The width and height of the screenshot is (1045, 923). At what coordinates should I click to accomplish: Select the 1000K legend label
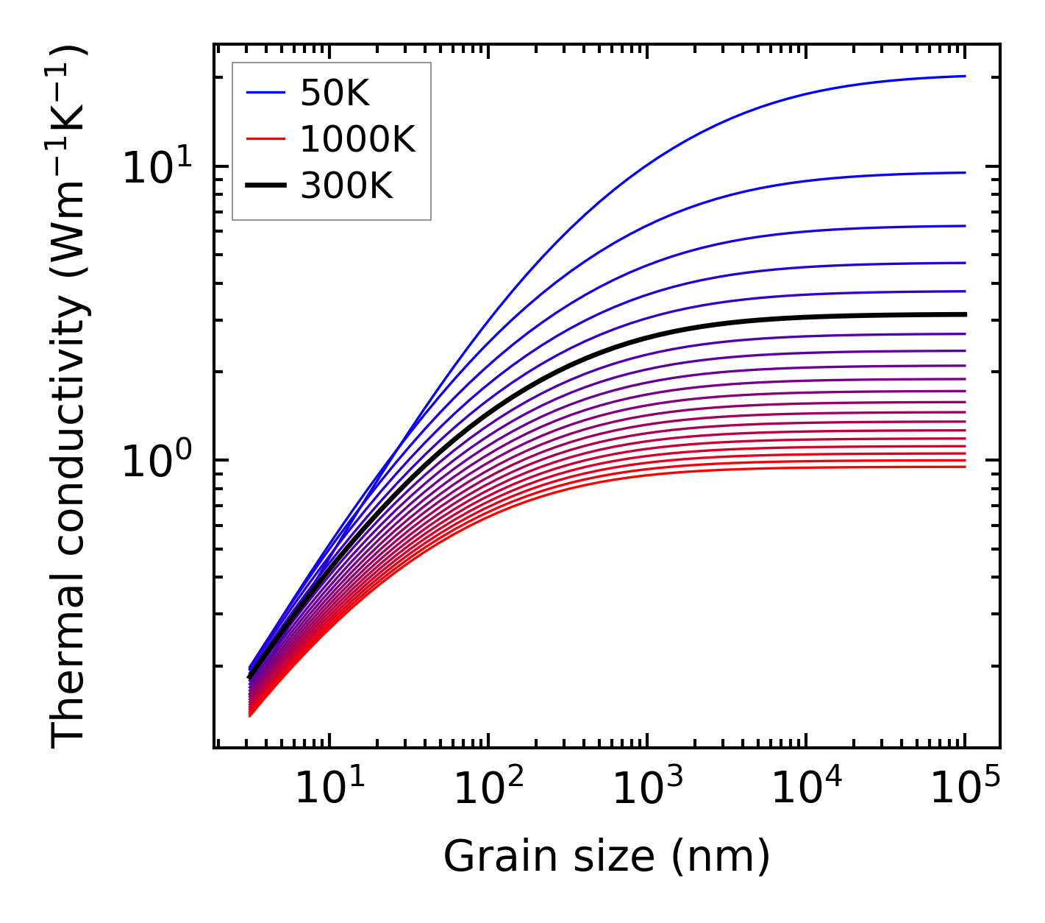click(357, 140)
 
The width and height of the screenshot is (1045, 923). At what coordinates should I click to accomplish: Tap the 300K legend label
click(346, 187)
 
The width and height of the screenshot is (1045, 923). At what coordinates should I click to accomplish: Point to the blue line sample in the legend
click(265, 93)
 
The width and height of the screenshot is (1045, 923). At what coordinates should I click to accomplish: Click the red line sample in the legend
click(265, 140)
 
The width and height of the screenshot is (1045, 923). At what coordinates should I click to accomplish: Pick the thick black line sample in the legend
click(265, 187)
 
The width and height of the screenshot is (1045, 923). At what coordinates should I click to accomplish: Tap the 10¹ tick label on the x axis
click(329, 789)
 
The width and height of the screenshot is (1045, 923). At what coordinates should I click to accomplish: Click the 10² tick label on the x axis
click(488, 789)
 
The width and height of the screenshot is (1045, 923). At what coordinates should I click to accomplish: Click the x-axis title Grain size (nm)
click(607, 857)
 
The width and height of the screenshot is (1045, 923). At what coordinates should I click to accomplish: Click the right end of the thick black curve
click(964, 314)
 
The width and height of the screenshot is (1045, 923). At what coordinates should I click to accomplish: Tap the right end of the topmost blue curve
click(964, 76)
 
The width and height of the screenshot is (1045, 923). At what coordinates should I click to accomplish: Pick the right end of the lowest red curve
click(964, 467)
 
